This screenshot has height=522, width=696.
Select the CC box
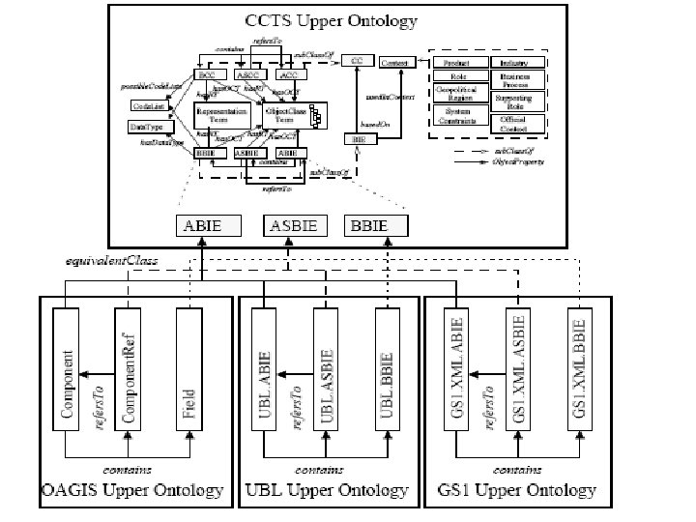point(357,62)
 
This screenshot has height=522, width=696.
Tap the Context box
point(395,62)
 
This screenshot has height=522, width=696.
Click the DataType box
point(146,127)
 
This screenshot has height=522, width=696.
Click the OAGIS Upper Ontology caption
point(132,490)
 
